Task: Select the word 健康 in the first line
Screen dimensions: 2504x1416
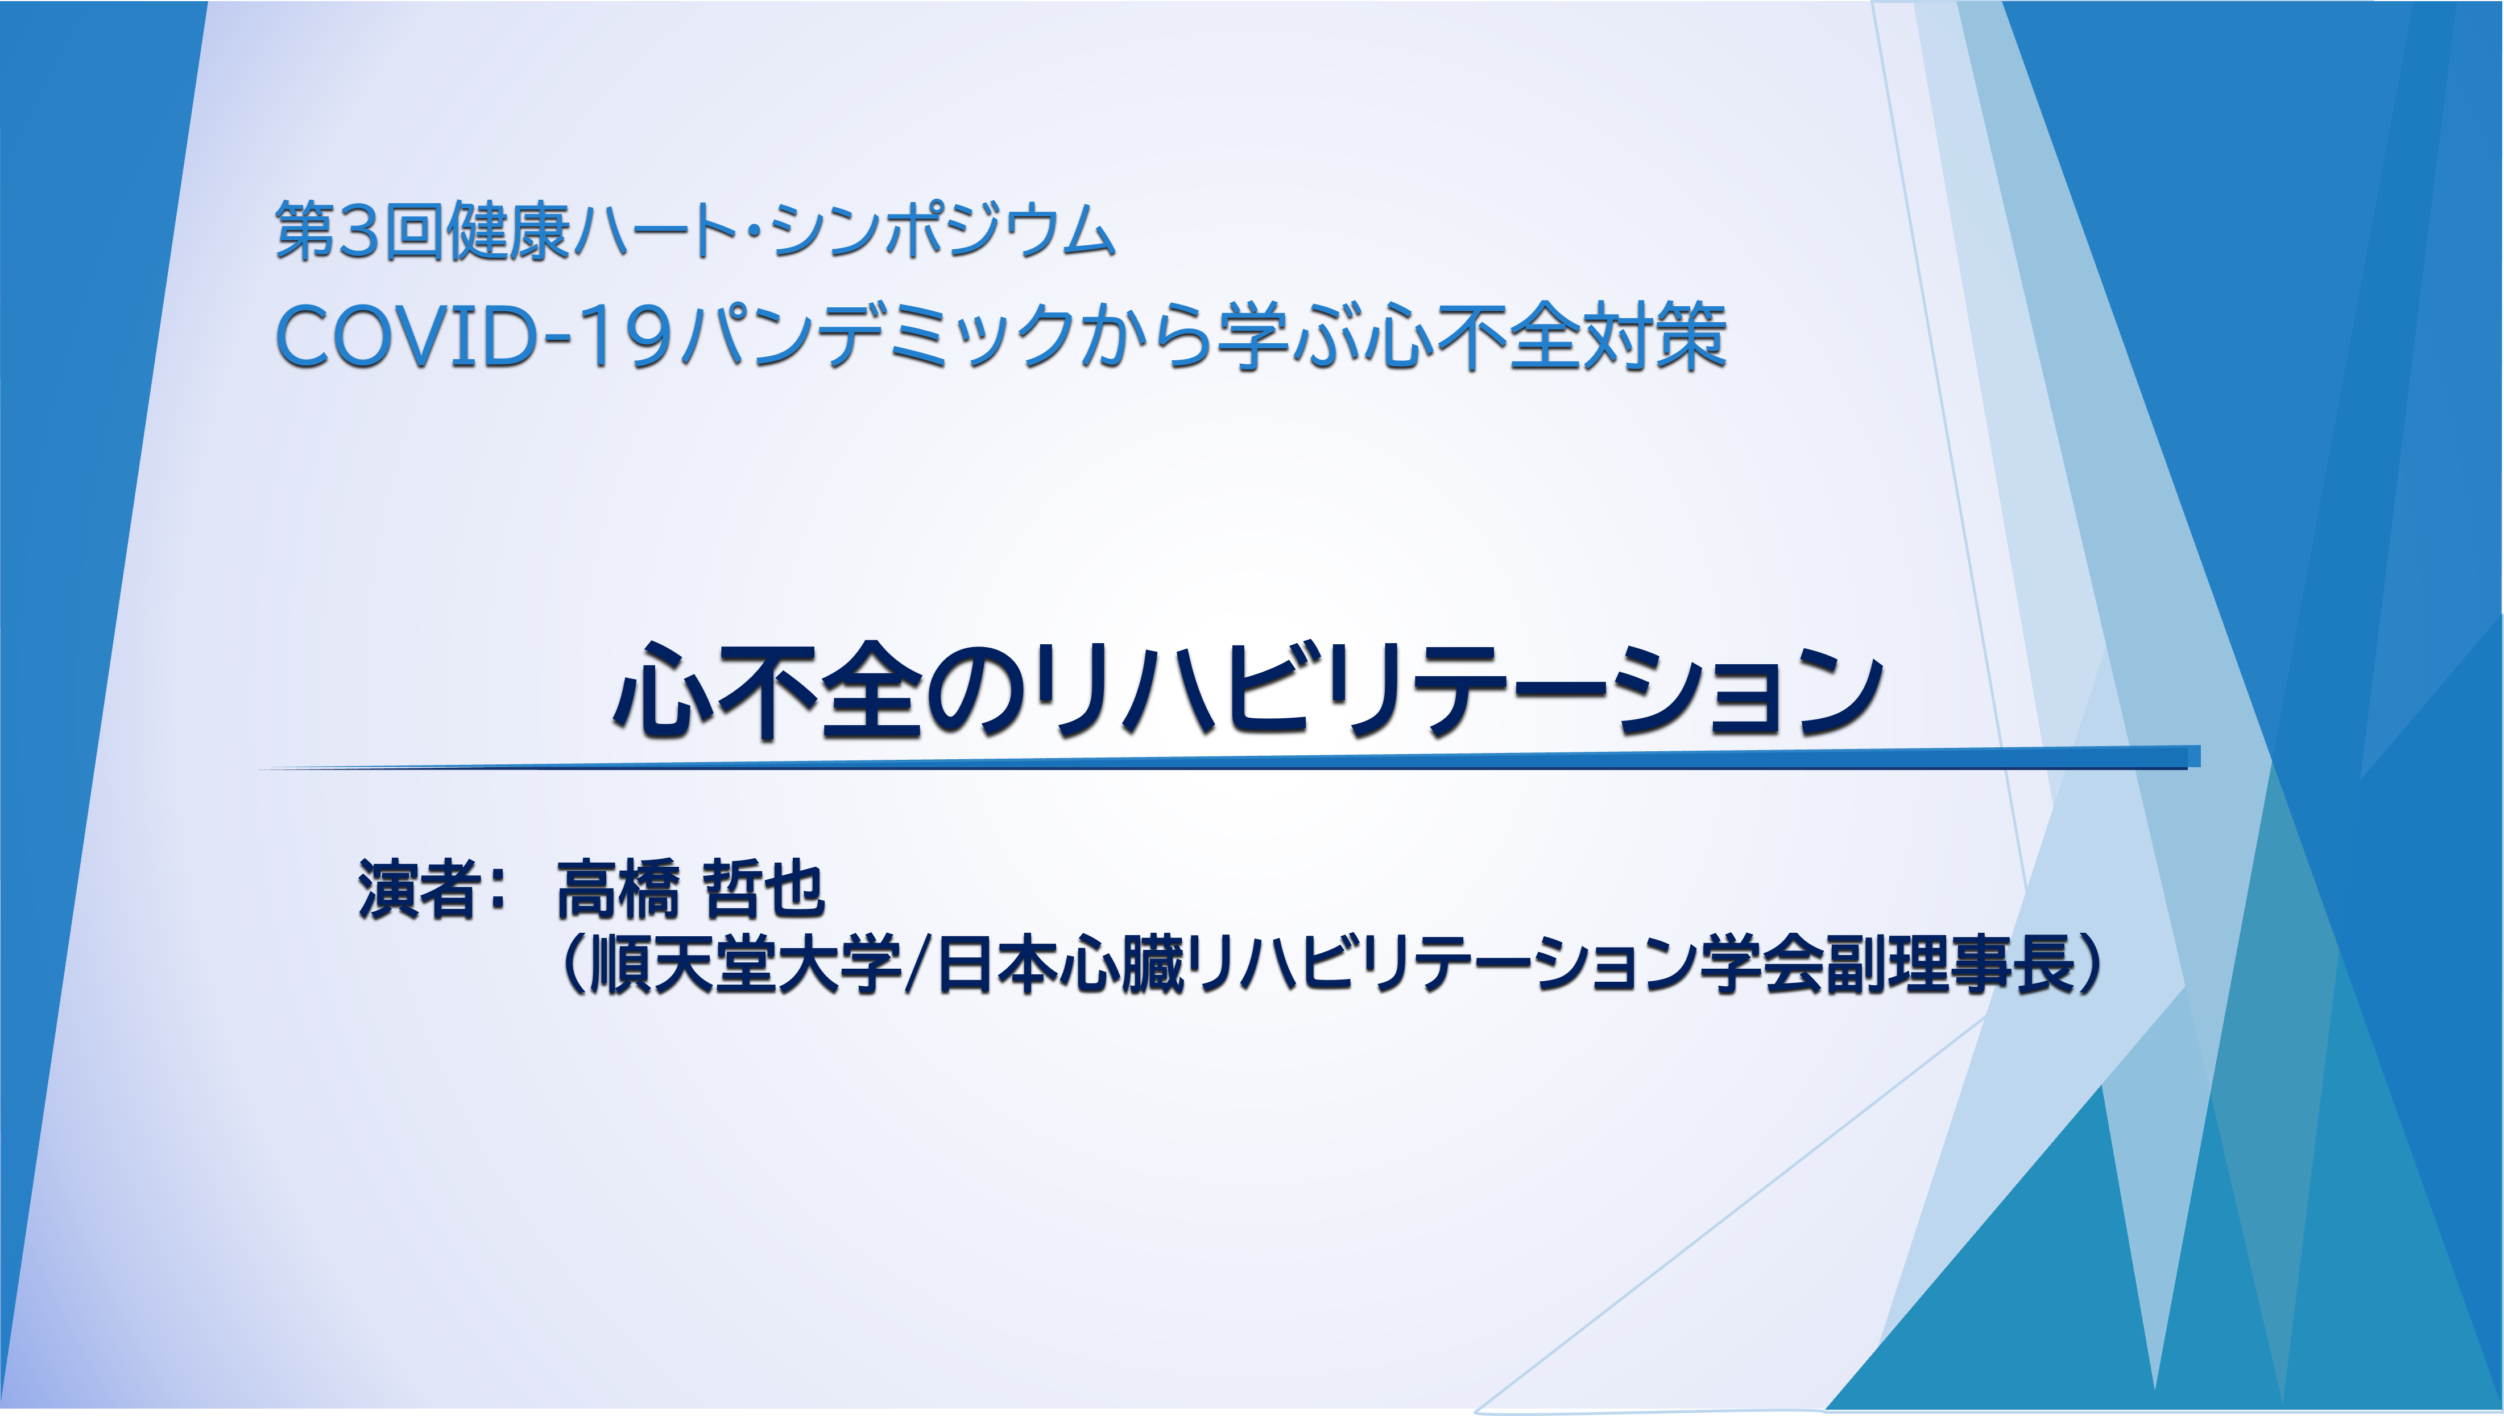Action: [x=507, y=232]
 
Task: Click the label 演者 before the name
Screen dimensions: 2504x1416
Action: [x=418, y=889]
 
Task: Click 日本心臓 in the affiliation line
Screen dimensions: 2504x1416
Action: [x=1059, y=965]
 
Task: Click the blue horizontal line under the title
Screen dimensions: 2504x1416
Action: [x=1230, y=760]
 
